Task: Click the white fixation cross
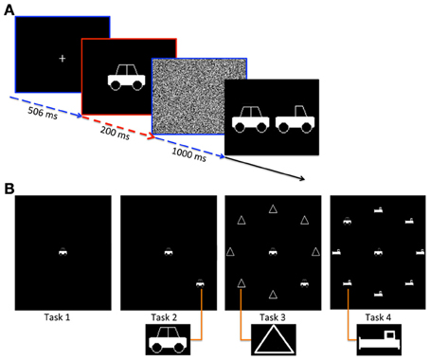(63, 59)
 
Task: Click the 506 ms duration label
(43, 113)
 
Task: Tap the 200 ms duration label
(115, 133)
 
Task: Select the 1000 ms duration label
(189, 154)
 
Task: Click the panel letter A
(9, 10)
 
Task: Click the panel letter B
(9, 189)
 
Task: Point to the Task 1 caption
(57, 317)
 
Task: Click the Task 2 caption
(164, 317)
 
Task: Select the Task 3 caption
(273, 317)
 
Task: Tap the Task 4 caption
(378, 317)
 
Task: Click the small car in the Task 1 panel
(63, 252)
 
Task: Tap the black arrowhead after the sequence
(302, 179)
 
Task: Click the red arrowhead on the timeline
(152, 136)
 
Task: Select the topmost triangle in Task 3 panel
(273, 208)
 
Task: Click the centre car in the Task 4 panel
(378, 252)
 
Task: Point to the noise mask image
(199, 97)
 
